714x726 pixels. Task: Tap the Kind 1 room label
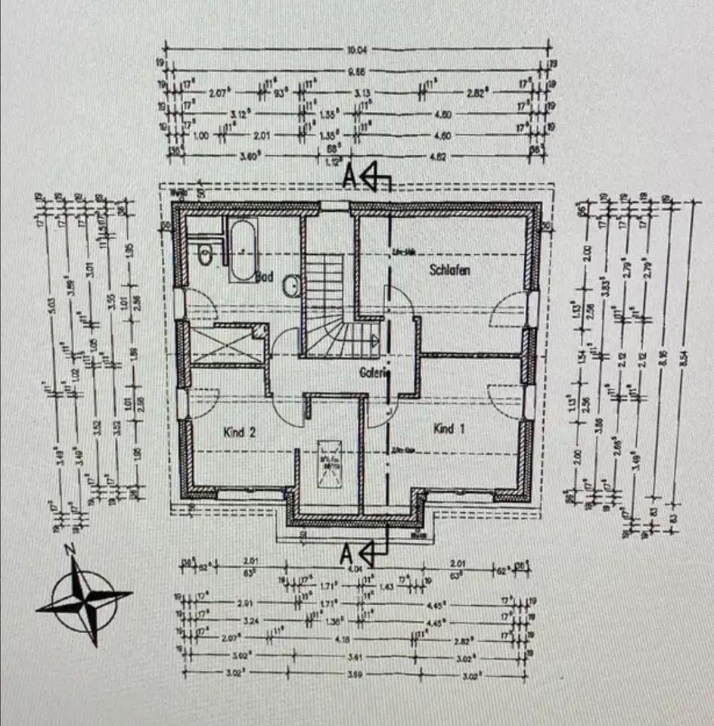coord(448,429)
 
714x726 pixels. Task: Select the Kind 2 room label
coord(240,433)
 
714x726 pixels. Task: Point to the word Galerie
coord(374,373)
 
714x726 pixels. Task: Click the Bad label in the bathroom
coord(263,277)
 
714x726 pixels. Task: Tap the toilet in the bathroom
coord(204,256)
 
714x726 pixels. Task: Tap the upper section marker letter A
coord(349,177)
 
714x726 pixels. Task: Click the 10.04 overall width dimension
coord(357,51)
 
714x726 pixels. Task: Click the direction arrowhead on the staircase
coord(374,340)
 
